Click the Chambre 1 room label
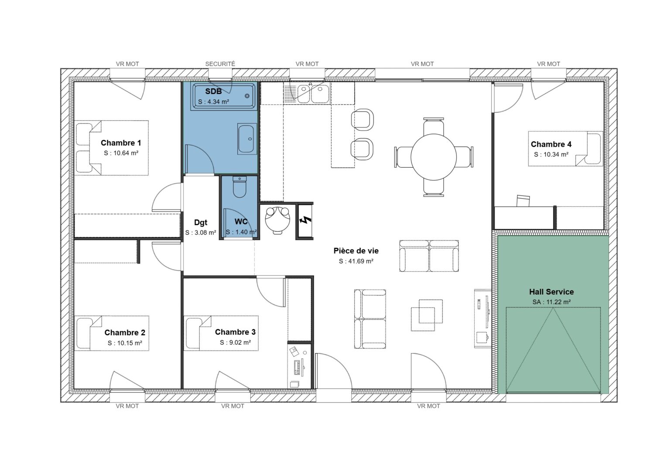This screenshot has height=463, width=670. pos(121,143)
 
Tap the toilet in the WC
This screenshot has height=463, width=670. pos(239,187)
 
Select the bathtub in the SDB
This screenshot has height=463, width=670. pos(224,96)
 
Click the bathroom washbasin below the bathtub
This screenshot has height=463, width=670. pos(247,139)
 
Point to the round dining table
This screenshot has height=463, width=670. pos(434,156)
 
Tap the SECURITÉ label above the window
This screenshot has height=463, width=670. pos(220,64)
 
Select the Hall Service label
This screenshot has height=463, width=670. pos(551,292)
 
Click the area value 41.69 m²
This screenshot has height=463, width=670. pos(356,261)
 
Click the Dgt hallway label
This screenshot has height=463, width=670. pos(201,223)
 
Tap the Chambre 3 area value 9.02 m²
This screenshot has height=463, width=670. pos(235,342)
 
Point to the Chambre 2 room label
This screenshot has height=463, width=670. pos(124,333)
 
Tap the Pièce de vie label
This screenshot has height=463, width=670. pos(356,251)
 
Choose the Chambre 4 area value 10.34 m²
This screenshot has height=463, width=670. pos(551,155)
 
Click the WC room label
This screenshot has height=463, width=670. pos(241,222)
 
